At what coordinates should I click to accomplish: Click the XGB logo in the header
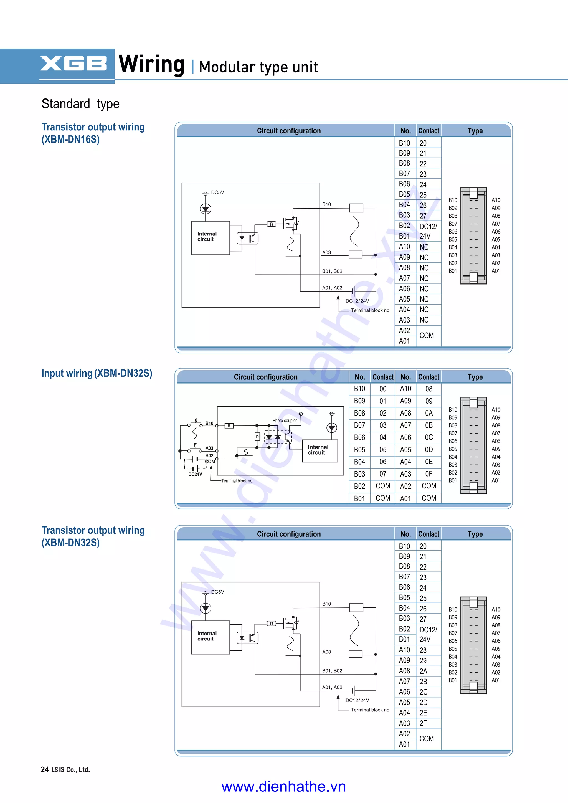pos(73,64)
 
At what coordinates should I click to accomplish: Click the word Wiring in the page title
pos(151,64)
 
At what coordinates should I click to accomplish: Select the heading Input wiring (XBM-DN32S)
pos(97,373)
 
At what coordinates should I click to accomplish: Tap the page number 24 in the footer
pos(44,769)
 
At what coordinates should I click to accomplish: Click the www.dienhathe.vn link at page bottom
pos(284,787)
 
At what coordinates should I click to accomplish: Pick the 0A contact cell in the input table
pos(429,413)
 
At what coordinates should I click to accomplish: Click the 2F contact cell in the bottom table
pos(423,723)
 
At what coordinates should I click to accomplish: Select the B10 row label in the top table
pos(405,143)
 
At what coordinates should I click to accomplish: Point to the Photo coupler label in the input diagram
pos(285,421)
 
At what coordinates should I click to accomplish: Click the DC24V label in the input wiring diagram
pos(195,475)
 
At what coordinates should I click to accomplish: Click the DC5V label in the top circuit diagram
pos(217,192)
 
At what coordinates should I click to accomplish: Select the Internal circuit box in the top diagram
pos(210,237)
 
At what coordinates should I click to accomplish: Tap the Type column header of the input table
pos(475,377)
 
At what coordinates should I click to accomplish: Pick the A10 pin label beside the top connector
pos(496,200)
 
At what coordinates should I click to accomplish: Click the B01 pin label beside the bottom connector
pos(453,680)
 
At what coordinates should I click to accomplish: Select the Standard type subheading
pos(80,104)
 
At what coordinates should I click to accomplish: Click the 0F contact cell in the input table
pos(429,474)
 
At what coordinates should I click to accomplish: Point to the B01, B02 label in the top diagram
pos(332,271)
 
